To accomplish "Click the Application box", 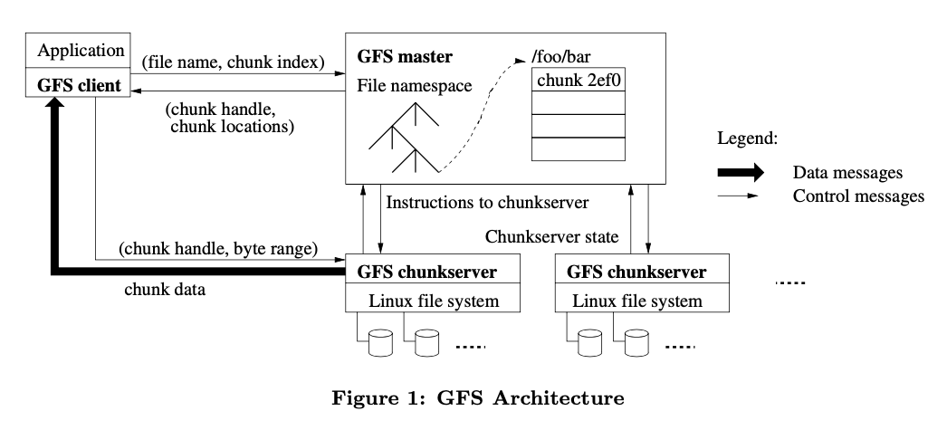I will coord(80,50).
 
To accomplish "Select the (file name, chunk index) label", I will coord(232,62).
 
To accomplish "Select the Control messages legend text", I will coord(857,196).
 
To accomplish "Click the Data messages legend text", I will coord(849,172).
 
